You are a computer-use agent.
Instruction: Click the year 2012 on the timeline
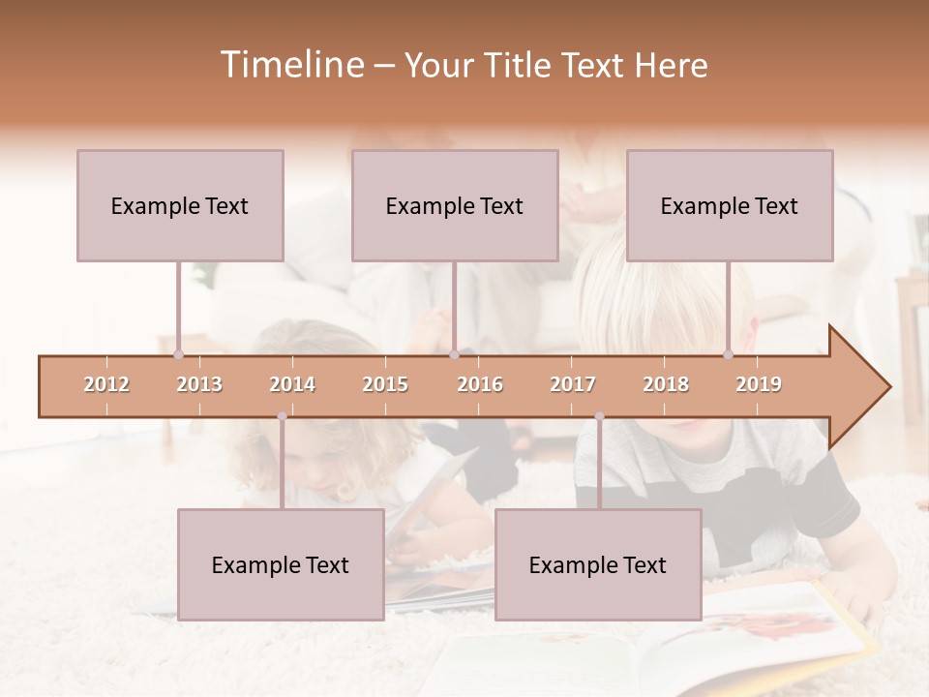106,384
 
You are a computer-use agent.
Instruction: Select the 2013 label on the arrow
199,384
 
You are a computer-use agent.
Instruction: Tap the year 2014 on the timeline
292,384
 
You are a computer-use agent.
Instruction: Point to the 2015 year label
385,384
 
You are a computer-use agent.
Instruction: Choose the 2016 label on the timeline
480,384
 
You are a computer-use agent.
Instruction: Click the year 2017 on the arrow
573,384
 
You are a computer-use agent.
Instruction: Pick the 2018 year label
666,384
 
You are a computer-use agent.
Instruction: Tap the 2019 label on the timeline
759,384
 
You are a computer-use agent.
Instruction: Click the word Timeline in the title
290,65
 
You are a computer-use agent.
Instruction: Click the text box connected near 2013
180,205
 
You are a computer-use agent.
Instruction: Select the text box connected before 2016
455,205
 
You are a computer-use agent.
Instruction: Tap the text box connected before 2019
730,205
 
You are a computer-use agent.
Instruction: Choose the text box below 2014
281,564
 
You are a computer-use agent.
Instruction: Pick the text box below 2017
598,564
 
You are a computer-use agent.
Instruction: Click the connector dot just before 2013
178,354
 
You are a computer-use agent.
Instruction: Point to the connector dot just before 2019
729,354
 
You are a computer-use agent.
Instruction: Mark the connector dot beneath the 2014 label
282,416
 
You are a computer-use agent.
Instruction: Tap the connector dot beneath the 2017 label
599,416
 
